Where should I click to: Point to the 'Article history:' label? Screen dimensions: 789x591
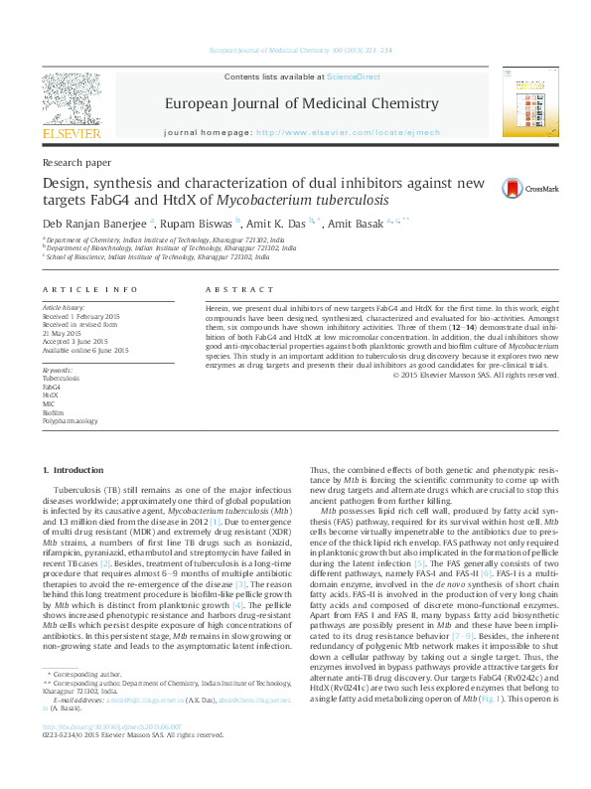[x=64, y=309]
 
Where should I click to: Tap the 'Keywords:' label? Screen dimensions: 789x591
[x=58, y=370]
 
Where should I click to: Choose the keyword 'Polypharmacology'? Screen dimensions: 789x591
[x=70, y=421]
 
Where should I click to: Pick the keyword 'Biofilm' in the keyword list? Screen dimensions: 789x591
[x=53, y=411]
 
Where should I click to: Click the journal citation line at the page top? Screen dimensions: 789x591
[x=295, y=51]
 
